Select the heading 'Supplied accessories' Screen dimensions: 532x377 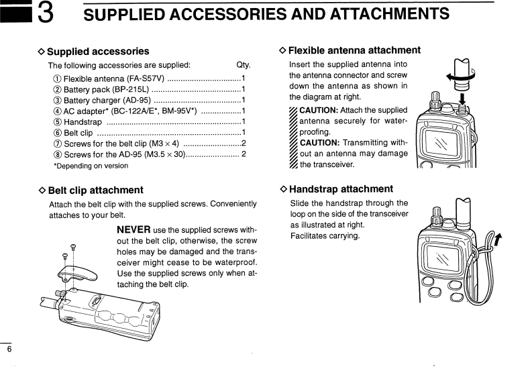[x=98, y=51]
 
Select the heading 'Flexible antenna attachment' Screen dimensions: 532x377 [x=354, y=50]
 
